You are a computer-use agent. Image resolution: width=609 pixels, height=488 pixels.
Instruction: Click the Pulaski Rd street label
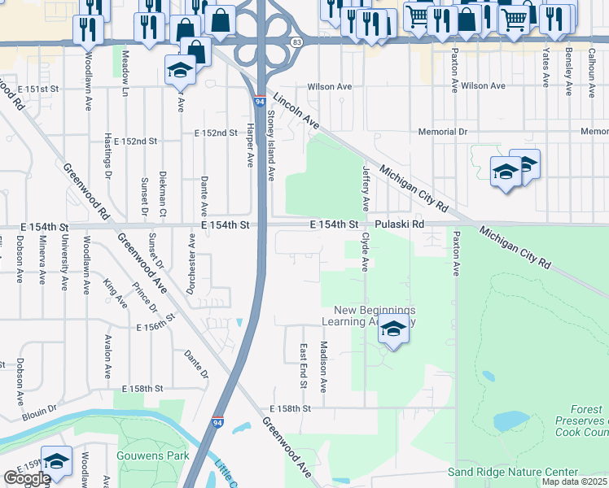[400, 224]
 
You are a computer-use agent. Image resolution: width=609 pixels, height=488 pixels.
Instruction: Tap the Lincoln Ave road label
[296, 111]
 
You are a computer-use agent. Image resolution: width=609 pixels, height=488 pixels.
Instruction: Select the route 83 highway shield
[296, 41]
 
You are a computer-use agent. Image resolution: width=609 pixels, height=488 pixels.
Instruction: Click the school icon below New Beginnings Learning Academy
[393, 329]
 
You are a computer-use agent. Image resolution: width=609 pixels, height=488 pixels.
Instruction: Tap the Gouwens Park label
[153, 455]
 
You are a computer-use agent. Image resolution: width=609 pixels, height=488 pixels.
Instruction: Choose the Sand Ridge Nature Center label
[513, 472]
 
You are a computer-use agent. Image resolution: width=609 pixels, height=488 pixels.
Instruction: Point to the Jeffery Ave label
[366, 187]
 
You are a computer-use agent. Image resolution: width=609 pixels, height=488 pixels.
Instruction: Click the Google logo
[27, 478]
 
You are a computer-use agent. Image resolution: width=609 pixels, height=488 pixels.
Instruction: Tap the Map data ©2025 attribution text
[574, 481]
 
